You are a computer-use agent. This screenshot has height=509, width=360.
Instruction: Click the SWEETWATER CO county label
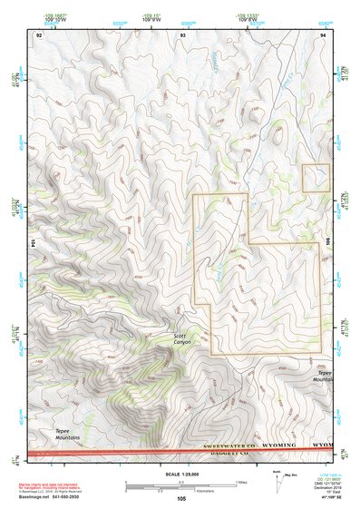coord(229,447)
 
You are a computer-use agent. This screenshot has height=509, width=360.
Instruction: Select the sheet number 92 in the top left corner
coord(38,34)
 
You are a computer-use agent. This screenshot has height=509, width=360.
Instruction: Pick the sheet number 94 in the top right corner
coord(323,34)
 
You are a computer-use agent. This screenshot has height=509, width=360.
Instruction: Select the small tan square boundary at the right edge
coord(316,178)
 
